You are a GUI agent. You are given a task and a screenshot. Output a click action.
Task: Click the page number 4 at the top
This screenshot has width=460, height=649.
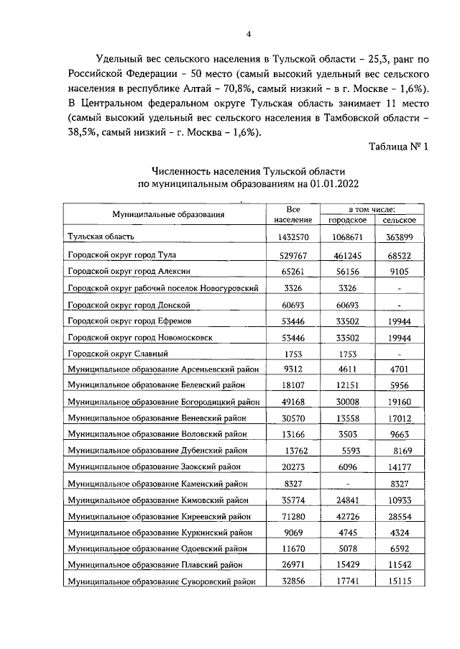coord(248,34)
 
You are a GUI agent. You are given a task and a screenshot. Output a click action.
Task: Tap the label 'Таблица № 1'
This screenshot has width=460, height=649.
coord(397,147)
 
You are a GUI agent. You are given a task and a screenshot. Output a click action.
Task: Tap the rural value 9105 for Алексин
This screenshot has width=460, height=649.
coord(399,272)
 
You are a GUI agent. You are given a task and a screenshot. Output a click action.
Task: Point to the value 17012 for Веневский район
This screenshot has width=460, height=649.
coord(399,418)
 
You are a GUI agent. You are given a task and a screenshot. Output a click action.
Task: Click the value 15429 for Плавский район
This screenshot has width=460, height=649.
coord(344,566)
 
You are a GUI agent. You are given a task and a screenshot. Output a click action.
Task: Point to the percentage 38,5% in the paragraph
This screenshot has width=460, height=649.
coord(85,134)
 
